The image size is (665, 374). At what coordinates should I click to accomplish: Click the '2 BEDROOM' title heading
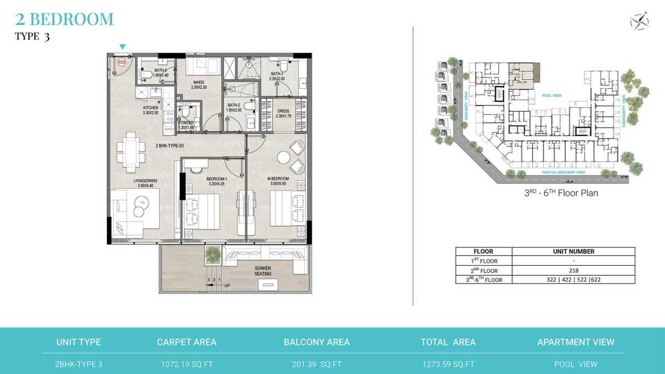[64, 19]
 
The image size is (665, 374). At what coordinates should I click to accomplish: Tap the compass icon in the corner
[639, 21]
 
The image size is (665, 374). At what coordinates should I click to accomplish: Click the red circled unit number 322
[121, 63]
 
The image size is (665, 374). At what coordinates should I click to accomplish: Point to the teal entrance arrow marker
[123, 47]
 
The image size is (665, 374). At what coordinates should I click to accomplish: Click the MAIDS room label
[199, 84]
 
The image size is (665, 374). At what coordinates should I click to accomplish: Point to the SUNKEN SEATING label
[263, 271]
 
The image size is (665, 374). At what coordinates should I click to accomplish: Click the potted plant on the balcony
[212, 255]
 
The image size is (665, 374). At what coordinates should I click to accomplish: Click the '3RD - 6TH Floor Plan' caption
[561, 194]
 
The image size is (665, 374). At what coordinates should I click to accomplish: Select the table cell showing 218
[573, 270]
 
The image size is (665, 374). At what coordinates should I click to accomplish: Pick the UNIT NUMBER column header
[573, 251]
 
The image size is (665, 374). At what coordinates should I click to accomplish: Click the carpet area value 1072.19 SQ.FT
[187, 364]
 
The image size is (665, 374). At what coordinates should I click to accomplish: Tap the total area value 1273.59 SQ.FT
[448, 364]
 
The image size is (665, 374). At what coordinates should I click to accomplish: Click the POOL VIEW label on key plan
[551, 95]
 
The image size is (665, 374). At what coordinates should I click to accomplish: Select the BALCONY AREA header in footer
[317, 342]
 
